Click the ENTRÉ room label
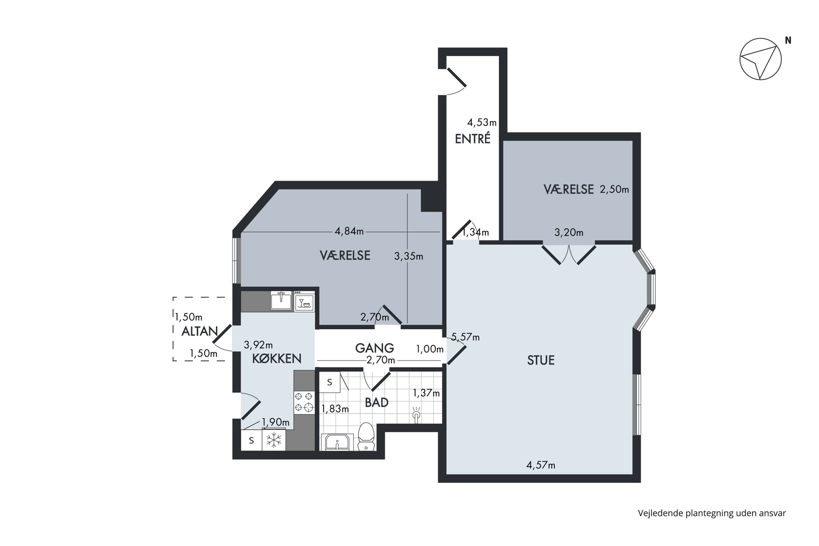(x=472, y=139)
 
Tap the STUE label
(x=541, y=360)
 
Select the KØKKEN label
(x=277, y=359)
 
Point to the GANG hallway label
(x=375, y=348)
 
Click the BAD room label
(x=377, y=402)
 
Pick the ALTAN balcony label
(x=200, y=331)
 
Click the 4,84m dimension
(x=349, y=232)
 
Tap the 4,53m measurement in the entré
(x=482, y=122)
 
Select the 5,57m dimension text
(x=465, y=337)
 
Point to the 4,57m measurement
(x=541, y=465)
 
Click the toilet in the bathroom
(x=366, y=437)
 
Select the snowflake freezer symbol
(x=274, y=440)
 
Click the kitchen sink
(x=281, y=301)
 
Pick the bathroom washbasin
(x=337, y=442)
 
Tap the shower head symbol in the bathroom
(x=416, y=415)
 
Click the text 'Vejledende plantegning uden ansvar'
(x=712, y=514)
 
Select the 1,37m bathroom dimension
(x=426, y=393)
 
